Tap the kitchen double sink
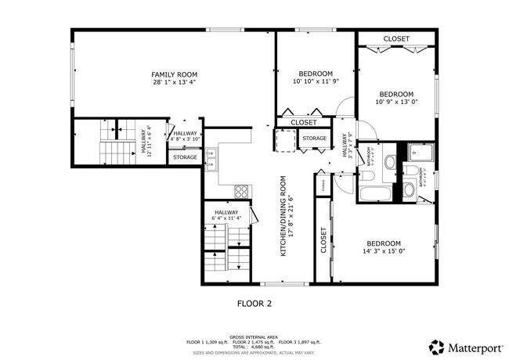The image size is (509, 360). click(210, 160)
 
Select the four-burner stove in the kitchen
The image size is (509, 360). click(242, 190)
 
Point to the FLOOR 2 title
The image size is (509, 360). click(254, 301)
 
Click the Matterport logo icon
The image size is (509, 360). click(435, 345)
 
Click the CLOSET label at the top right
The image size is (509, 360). click(396, 38)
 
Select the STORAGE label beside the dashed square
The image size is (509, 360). click(314, 139)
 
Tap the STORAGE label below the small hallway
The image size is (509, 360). click(185, 157)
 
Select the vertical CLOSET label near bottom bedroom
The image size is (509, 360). click(323, 241)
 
